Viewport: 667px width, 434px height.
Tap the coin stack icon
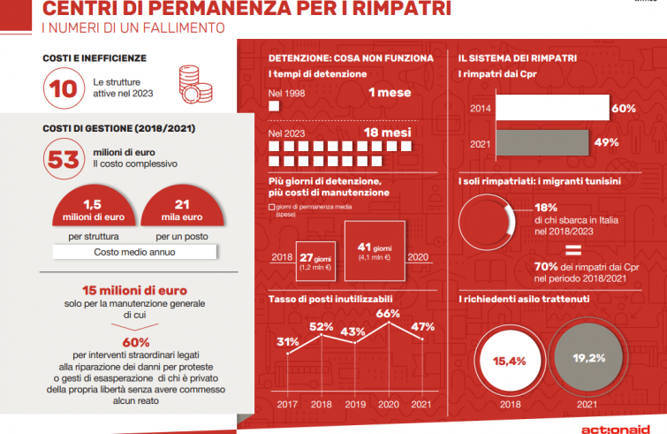193,83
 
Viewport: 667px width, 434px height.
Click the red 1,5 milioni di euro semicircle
87,209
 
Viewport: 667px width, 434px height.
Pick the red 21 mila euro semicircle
181,209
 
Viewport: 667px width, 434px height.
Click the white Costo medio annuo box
135,252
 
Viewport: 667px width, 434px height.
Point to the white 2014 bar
551,108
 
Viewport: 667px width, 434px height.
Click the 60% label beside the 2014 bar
624,109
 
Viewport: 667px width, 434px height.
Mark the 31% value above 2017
286,342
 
